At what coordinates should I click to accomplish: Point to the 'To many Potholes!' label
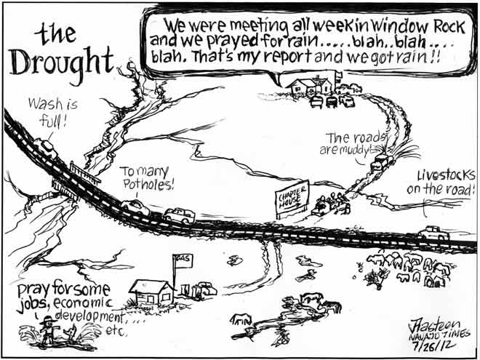click(x=148, y=177)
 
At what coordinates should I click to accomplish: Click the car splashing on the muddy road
click(x=380, y=163)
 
